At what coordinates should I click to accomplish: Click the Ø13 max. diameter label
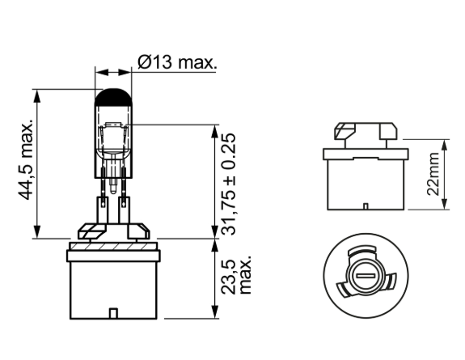pos(177,62)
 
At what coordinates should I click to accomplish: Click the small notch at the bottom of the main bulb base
pos(113,313)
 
